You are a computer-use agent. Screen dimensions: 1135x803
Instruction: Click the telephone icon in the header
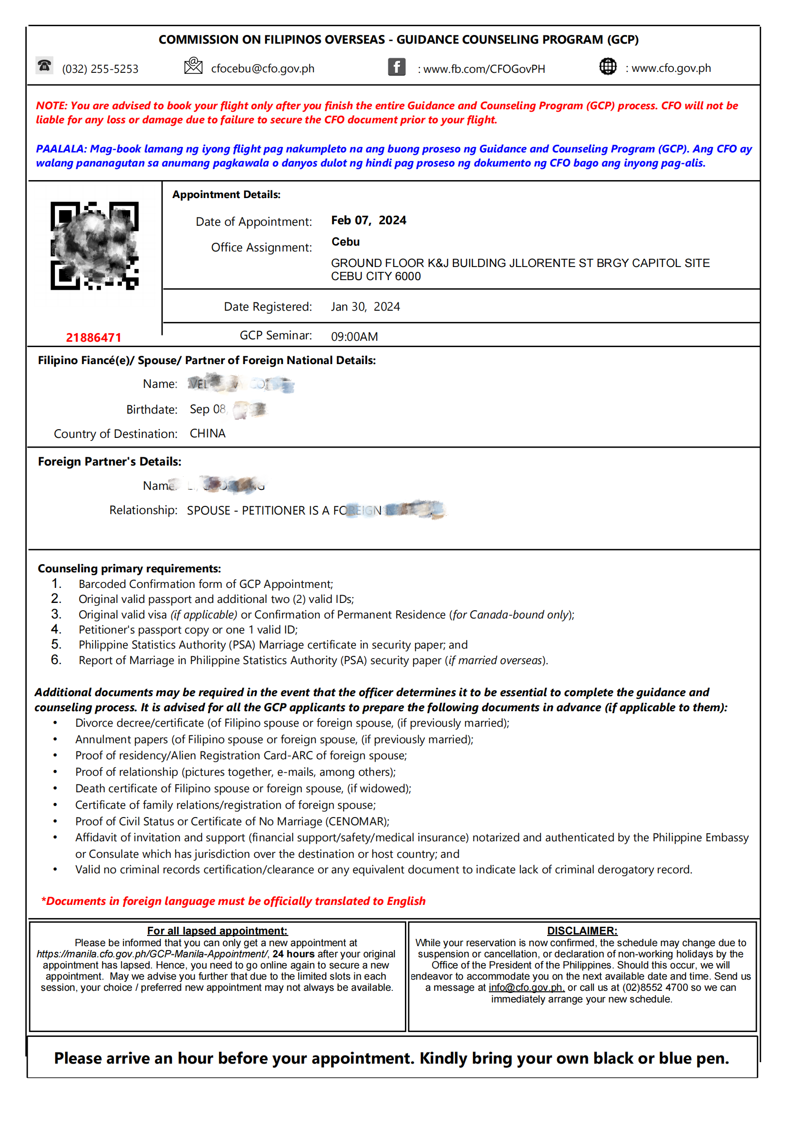pyautogui.click(x=45, y=66)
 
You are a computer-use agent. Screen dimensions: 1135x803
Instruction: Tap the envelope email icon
pyautogui.click(x=193, y=66)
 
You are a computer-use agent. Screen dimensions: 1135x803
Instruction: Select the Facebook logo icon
pyautogui.click(x=397, y=67)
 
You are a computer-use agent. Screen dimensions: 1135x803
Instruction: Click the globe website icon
pyautogui.click(x=608, y=66)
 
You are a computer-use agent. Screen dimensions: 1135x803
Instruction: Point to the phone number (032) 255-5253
pyautogui.click(x=100, y=69)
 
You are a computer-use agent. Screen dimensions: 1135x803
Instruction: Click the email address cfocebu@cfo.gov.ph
pyautogui.click(x=263, y=69)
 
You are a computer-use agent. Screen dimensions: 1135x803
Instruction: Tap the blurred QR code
pyautogui.click(x=95, y=246)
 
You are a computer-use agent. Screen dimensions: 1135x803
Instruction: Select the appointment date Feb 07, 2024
pyautogui.click(x=368, y=220)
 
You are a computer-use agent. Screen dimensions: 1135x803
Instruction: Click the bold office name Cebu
pyautogui.click(x=345, y=242)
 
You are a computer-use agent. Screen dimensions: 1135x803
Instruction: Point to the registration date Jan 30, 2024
pyautogui.click(x=366, y=307)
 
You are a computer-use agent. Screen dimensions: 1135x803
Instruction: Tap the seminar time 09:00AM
pyautogui.click(x=354, y=336)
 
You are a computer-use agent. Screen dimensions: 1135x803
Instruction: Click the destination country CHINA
pyautogui.click(x=208, y=434)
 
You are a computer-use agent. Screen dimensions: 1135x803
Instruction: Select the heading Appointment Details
pyautogui.click(x=226, y=195)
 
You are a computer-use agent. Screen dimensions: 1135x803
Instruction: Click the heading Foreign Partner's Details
pyautogui.click(x=110, y=462)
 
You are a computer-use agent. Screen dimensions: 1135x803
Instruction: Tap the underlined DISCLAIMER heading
pyautogui.click(x=582, y=931)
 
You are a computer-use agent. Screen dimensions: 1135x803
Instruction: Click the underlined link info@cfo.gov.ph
pyautogui.click(x=526, y=988)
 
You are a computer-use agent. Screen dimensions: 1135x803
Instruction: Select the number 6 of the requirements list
pyautogui.click(x=56, y=660)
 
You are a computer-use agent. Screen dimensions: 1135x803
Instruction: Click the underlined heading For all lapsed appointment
pyautogui.click(x=217, y=931)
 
